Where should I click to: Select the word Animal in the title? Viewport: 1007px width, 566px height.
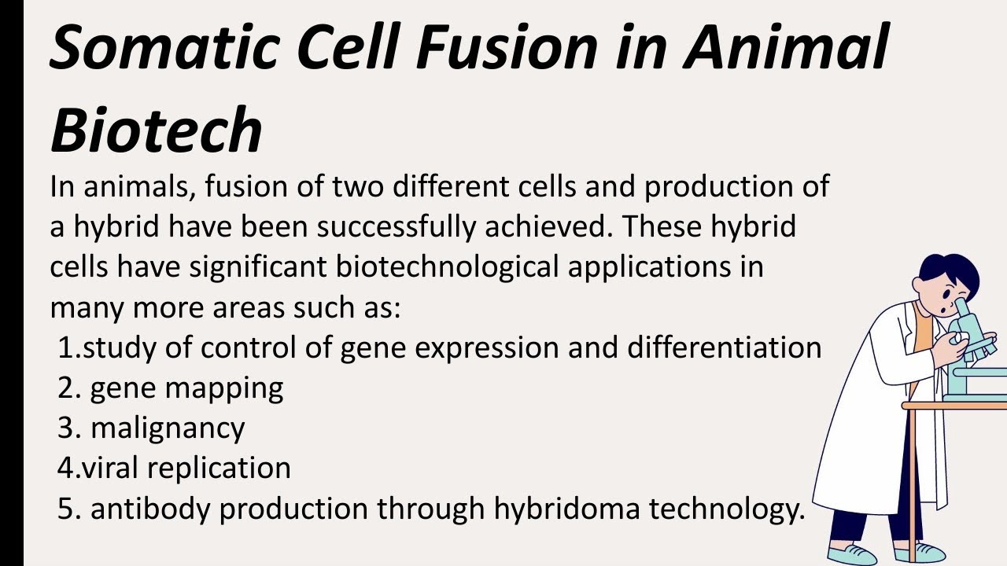(x=787, y=47)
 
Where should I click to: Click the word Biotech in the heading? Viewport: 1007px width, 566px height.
(x=156, y=130)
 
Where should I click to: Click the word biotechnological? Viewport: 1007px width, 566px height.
(x=447, y=267)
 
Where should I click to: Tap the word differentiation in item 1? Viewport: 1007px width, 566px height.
(x=725, y=347)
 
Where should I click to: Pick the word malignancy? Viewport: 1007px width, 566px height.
(x=168, y=428)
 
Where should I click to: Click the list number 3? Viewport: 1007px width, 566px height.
(x=66, y=428)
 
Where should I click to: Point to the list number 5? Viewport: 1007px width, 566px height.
(x=66, y=509)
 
